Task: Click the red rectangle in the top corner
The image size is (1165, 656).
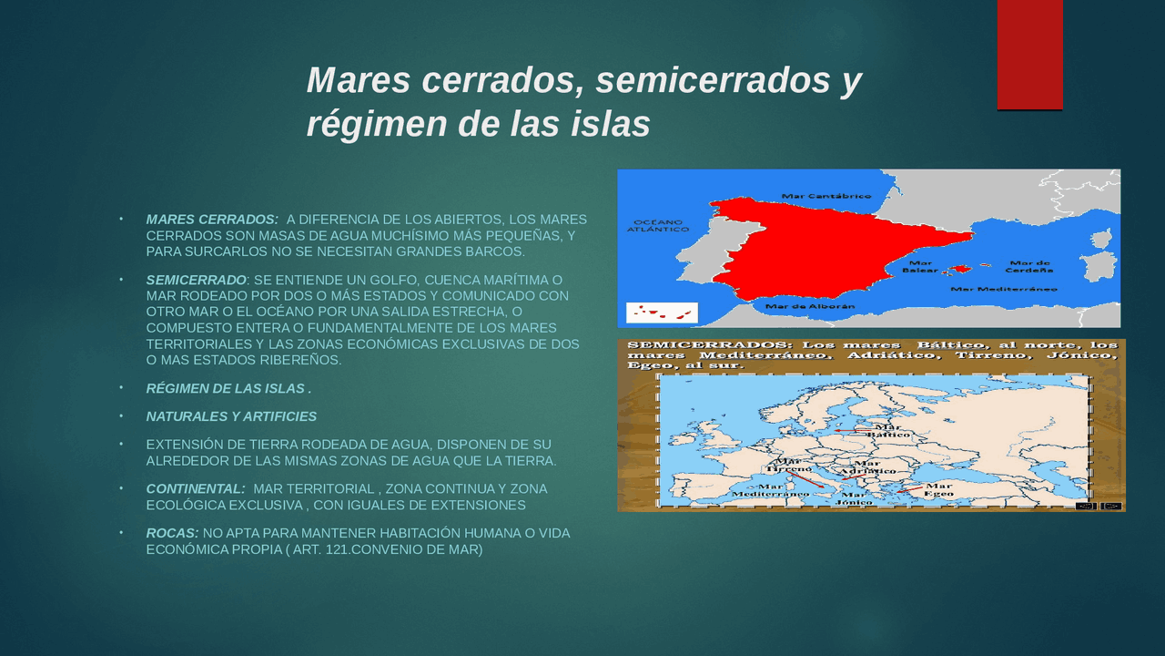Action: tap(1029, 55)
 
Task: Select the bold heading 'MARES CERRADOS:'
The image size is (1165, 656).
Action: tap(212, 220)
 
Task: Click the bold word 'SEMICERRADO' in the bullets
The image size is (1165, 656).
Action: tap(196, 280)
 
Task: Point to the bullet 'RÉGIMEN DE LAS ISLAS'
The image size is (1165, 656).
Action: tap(228, 389)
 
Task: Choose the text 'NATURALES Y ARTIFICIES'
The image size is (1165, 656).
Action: tap(231, 416)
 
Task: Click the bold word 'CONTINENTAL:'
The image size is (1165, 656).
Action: tap(196, 489)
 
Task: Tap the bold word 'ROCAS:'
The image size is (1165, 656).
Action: tap(172, 533)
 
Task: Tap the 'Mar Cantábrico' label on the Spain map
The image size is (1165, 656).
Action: tap(826, 196)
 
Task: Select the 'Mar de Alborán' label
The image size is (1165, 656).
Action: tap(810, 307)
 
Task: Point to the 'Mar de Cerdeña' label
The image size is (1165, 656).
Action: tap(1029, 267)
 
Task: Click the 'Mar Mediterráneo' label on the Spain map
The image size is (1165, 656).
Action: tap(1004, 289)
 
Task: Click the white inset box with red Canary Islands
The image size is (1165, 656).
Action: tap(662, 313)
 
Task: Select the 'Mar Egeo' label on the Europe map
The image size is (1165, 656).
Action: tap(938, 490)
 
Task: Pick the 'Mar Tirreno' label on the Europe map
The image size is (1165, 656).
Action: tap(787, 464)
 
